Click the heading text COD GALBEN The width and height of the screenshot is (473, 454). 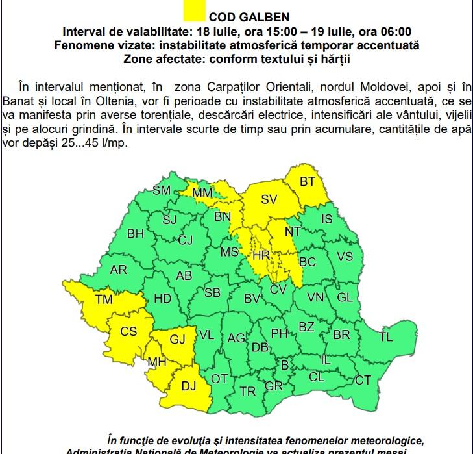click(240, 17)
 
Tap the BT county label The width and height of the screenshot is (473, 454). click(307, 182)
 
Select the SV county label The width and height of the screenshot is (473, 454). click(269, 200)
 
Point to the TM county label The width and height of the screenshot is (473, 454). click(103, 299)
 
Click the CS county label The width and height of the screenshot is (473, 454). click(128, 331)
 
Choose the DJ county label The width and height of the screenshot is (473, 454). click(188, 386)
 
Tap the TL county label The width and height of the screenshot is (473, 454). click(385, 337)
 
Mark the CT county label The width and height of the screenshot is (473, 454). click(363, 379)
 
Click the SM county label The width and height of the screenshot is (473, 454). click(161, 191)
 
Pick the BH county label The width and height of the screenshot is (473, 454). click(136, 234)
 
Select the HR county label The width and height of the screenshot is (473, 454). click(261, 256)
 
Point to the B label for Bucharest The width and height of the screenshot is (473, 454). click(284, 366)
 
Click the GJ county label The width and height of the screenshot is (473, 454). click(177, 339)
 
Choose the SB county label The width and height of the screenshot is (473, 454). click(212, 293)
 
